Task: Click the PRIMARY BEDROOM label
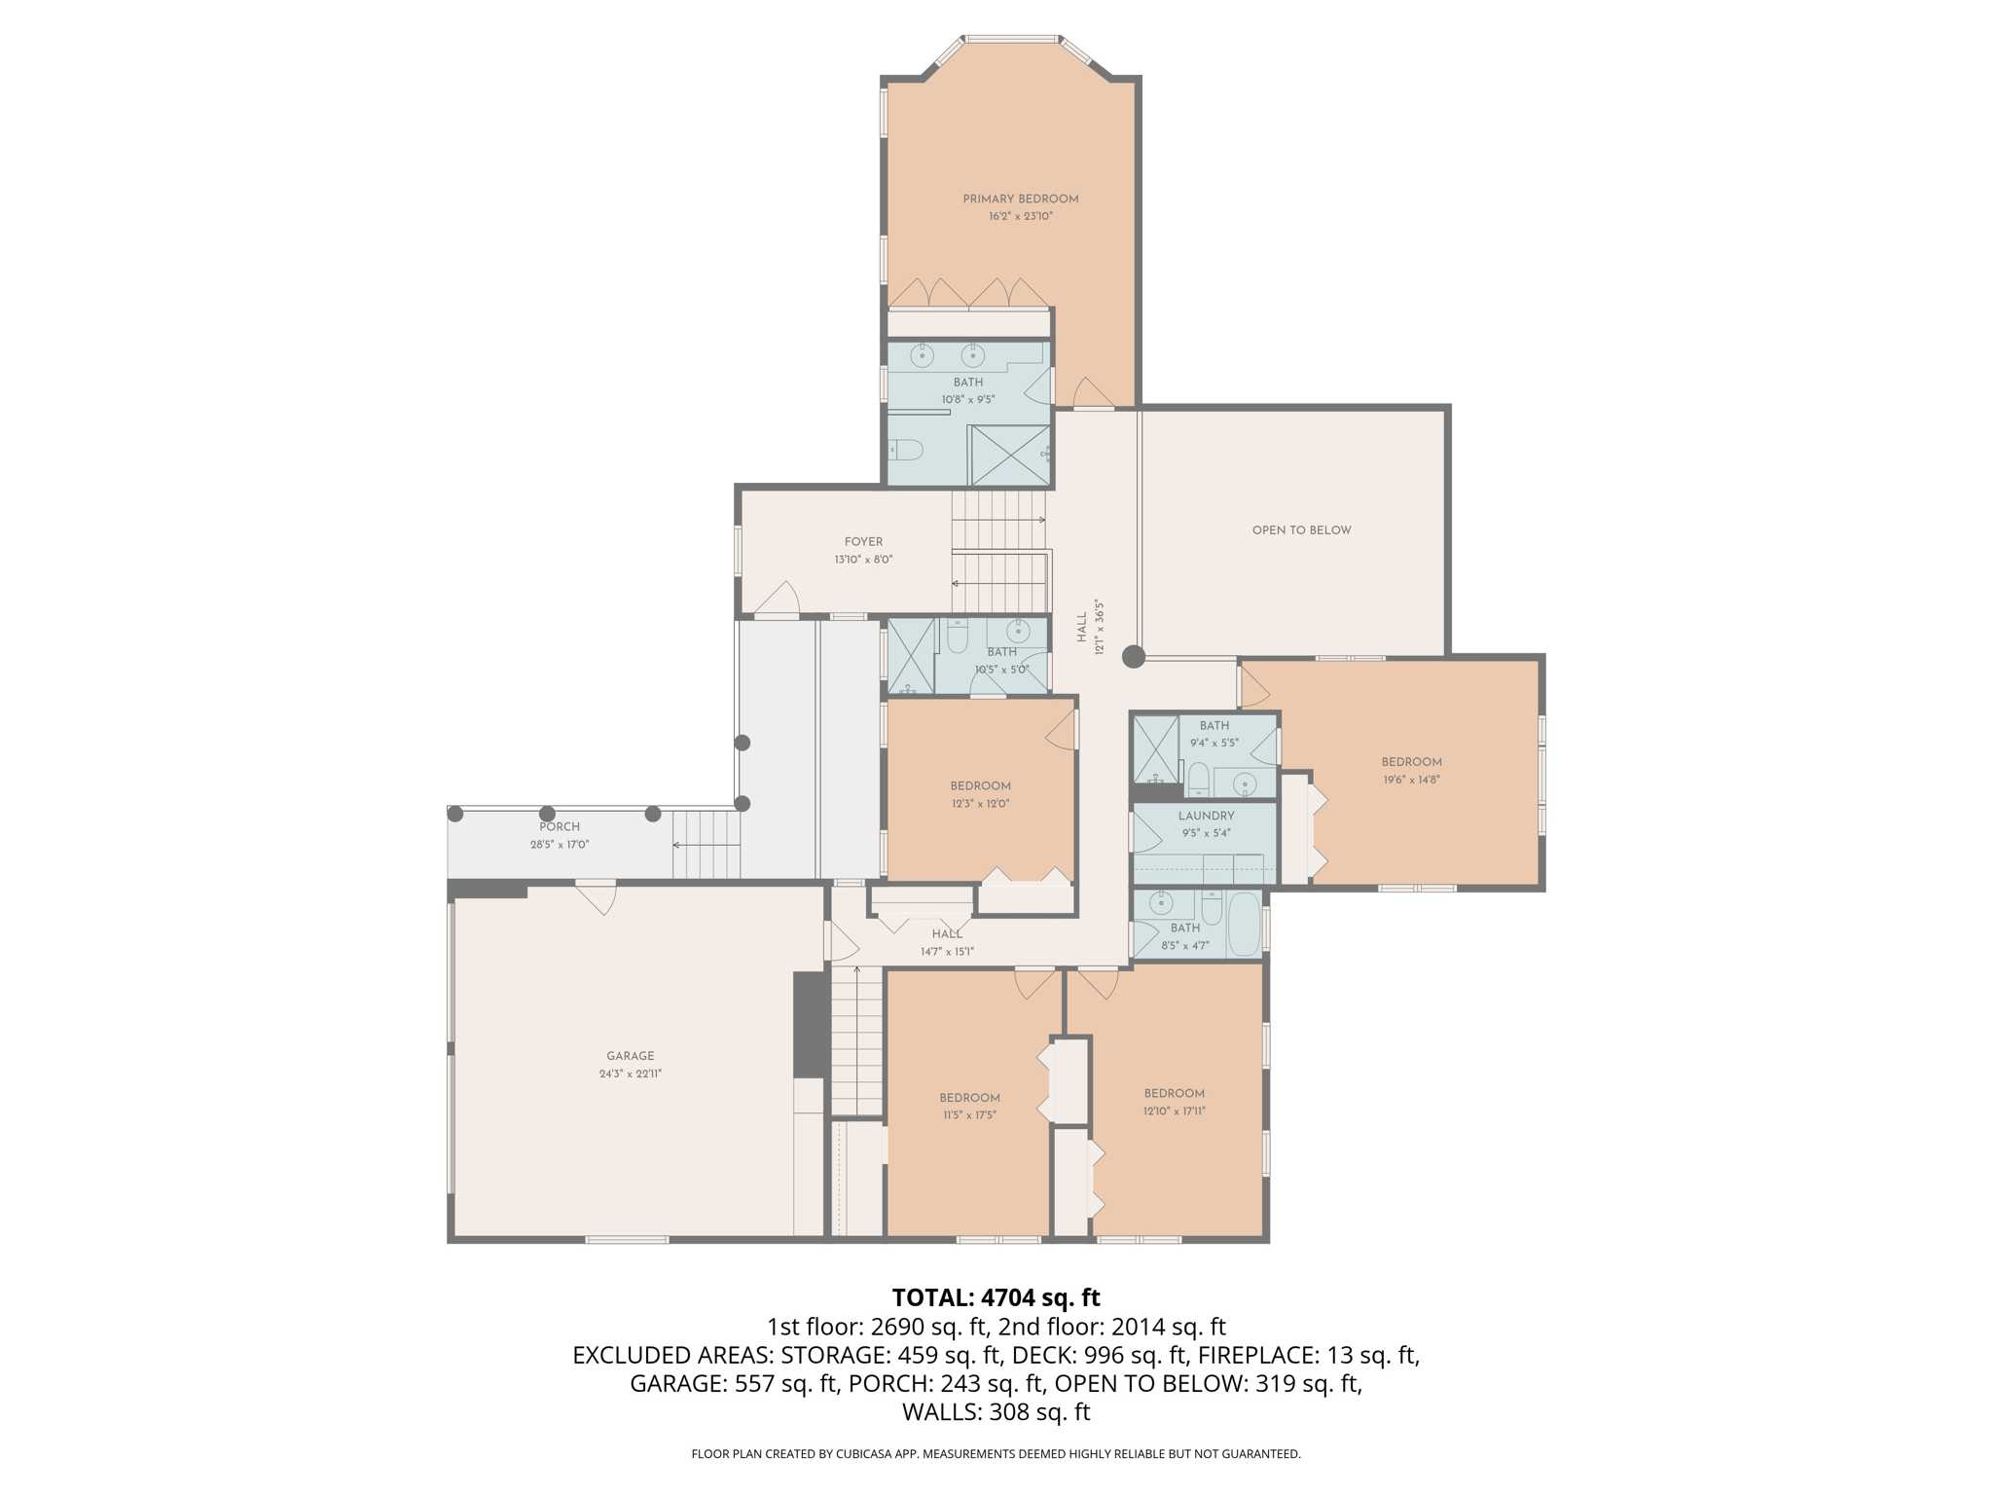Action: tap(1020, 200)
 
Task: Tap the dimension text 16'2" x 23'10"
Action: tap(1020, 216)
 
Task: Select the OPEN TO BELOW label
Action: tap(1301, 530)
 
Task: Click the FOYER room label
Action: tap(863, 542)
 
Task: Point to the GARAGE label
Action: tap(630, 1056)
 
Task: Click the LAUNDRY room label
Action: tap(1206, 816)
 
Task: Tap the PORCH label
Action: tap(560, 827)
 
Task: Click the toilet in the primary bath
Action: tap(906, 450)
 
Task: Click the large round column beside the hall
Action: tap(1133, 657)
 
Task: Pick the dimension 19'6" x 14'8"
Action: tap(1411, 780)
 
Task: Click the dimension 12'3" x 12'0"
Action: tap(980, 804)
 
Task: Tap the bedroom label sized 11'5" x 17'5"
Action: tap(969, 1098)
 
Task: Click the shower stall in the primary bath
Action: tap(1009, 455)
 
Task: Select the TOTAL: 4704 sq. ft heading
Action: tap(996, 1297)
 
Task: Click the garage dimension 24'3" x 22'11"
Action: tap(630, 1074)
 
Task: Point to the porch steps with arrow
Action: tap(707, 845)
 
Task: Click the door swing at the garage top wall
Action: tap(597, 896)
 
